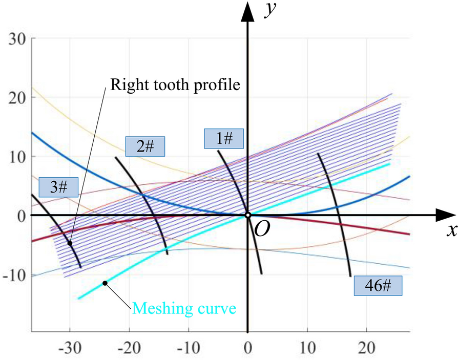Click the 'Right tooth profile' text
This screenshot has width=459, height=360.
tap(174, 84)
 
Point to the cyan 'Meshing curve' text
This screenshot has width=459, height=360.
tap(184, 309)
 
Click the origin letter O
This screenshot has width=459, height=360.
tap(262, 230)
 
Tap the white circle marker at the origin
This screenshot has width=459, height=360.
tap(247, 215)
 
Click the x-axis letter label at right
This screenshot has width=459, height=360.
tap(451, 231)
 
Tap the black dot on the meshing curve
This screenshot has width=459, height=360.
tap(105, 283)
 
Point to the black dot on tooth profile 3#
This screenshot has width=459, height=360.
tap(70, 243)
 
